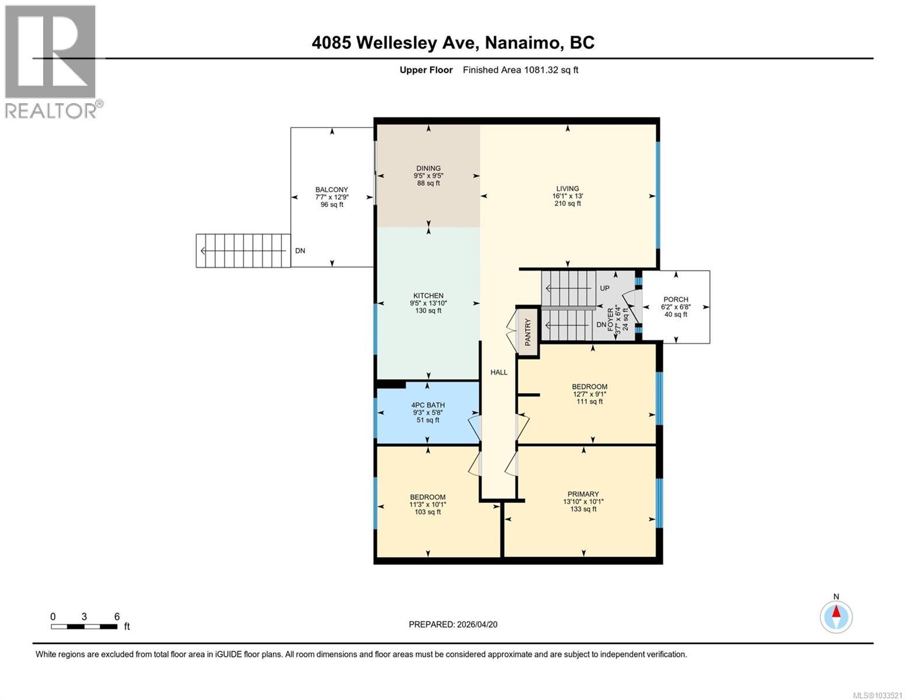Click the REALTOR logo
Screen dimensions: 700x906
51,61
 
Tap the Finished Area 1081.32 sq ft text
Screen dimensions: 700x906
520,70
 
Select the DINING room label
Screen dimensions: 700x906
428,169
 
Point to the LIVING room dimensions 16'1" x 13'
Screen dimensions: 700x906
567,197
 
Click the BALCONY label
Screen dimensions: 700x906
331,190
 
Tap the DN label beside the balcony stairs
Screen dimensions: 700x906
300,251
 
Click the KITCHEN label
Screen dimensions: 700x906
428,296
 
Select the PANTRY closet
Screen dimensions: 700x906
528,331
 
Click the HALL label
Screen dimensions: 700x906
499,372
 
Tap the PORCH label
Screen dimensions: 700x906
676,299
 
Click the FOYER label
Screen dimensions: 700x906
611,320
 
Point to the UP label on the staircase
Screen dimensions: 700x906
604,289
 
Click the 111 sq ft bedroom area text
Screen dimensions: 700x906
589,401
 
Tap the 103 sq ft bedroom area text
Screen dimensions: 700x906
428,512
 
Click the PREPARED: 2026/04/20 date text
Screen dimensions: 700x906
453,624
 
